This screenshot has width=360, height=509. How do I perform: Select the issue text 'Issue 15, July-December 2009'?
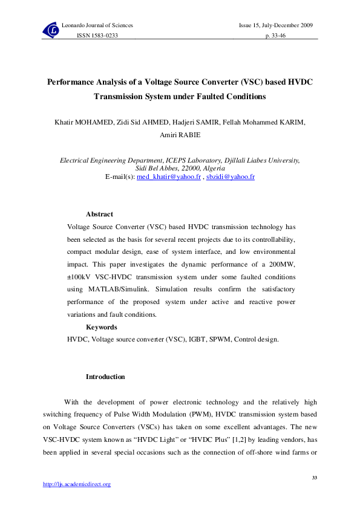(x=276, y=25)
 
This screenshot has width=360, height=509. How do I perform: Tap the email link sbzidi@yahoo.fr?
(x=231, y=177)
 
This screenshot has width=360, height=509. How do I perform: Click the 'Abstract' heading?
(x=99, y=214)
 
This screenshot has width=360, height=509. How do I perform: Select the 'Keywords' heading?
(x=101, y=326)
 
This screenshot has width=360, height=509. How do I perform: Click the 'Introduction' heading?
(x=105, y=377)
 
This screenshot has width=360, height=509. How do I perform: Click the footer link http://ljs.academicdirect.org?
(x=76, y=484)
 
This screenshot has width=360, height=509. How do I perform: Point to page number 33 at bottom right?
(x=314, y=478)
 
